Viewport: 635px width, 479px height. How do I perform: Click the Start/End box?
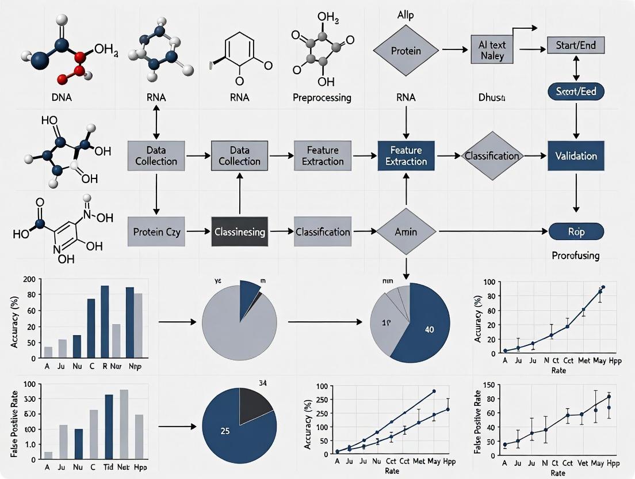576,44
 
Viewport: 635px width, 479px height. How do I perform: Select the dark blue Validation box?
576,156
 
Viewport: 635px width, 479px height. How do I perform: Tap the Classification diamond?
492,156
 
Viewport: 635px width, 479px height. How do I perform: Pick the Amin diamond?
406,232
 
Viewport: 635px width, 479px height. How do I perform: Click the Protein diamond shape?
406,51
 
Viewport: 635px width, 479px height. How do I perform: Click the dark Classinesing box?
239,232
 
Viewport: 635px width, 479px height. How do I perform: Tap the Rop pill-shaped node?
576,232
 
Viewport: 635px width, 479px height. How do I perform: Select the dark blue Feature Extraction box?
407,156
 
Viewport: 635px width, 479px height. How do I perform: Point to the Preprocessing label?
322,98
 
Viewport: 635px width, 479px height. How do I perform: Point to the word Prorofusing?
575,255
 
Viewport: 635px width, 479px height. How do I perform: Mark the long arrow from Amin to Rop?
492,232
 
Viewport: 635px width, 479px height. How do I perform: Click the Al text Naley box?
491,51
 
